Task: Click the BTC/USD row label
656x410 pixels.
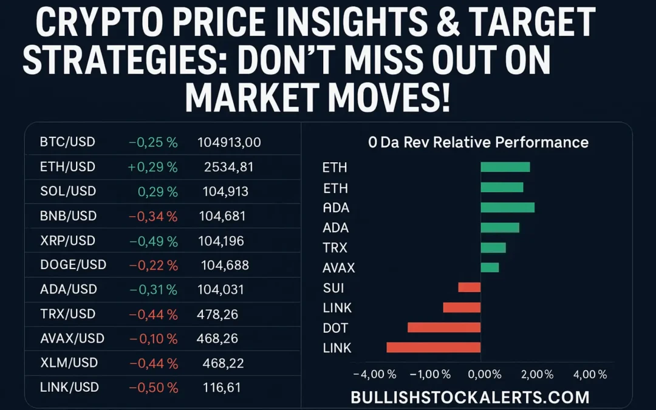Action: [x=67, y=142]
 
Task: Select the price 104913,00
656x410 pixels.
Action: [x=229, y=142]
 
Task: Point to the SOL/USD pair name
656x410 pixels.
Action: [x=67, y=191]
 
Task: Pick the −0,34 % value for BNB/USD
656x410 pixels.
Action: [x=152, y=216]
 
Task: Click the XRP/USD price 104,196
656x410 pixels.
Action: [x=221, y=241]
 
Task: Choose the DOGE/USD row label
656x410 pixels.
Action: [x=73, y=265]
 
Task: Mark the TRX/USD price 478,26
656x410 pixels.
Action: [x=217, y=314]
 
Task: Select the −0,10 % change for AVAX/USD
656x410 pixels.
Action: [x=152, y=338]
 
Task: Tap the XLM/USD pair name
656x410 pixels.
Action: [x=69, y=363]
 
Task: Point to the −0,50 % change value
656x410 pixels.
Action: [x=152, y=388]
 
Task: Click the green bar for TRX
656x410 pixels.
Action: [x=493, y=248]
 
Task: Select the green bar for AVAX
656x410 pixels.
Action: [x=490, y=267]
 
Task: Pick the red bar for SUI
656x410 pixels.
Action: [x=470, y=287]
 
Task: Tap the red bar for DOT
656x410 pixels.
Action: [x=444, y=327]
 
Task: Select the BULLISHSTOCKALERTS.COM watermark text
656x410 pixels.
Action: [x=470, y=397]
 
